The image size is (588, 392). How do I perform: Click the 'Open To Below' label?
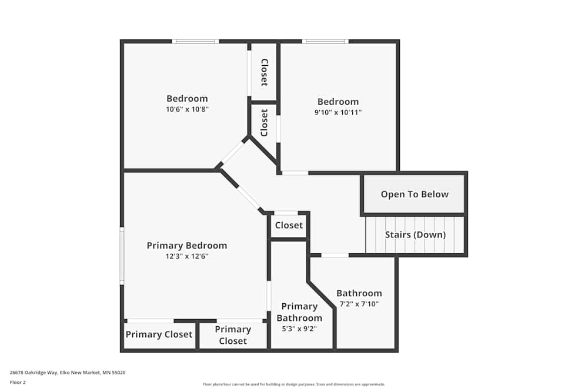tap(415, 195)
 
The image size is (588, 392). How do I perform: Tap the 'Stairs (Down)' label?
tap(415, 235)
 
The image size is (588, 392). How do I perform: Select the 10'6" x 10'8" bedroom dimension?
tap(187, 109)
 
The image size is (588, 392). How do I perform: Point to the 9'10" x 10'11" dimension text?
tap(338, 112)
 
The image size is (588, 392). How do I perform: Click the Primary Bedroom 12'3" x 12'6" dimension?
tap(186, 256)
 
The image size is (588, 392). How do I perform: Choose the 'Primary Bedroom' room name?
tap(186, 246)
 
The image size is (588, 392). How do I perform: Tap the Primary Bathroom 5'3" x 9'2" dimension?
tap(299, 329)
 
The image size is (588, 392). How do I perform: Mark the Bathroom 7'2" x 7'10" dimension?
tap(359, 304)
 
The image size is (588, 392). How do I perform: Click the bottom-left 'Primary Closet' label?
tap(159, 334)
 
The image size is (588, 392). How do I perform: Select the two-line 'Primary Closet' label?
tap(233, 335)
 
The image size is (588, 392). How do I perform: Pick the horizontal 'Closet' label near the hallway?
tap(289, 225)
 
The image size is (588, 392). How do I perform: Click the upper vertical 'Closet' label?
tap(265, 72)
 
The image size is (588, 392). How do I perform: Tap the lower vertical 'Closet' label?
tap(265, 122)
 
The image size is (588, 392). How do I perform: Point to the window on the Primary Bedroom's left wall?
tap(122, 256)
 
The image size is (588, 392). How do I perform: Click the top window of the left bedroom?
tap(195, 41)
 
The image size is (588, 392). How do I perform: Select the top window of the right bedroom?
tap(325, 41)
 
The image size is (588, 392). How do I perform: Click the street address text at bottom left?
tap(68, 373)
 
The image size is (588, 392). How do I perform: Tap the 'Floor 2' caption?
tap(18, 382)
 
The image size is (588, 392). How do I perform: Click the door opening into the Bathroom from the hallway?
tap(335, 255)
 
